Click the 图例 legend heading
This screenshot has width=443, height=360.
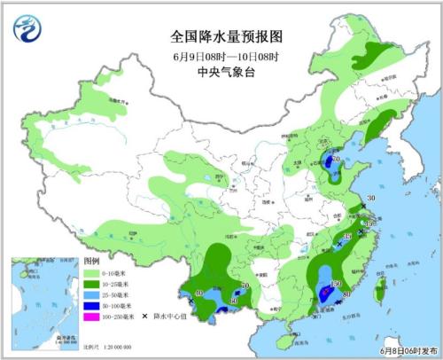click(92, 263)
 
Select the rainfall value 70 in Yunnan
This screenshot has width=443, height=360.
click(245, 286)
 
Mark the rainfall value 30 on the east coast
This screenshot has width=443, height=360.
click(371, 198)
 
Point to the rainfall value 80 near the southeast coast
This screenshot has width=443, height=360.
click(346, 294)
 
